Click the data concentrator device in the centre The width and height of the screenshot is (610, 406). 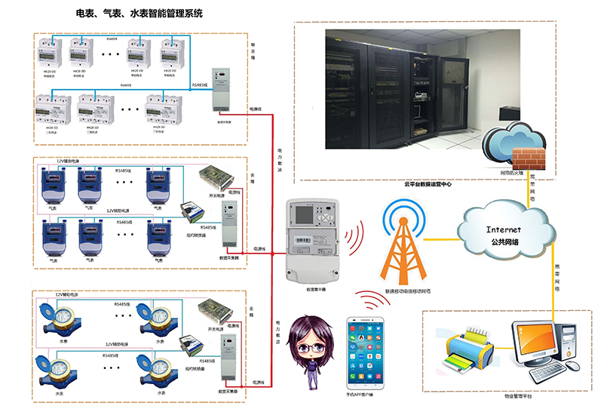pos(311,238)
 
